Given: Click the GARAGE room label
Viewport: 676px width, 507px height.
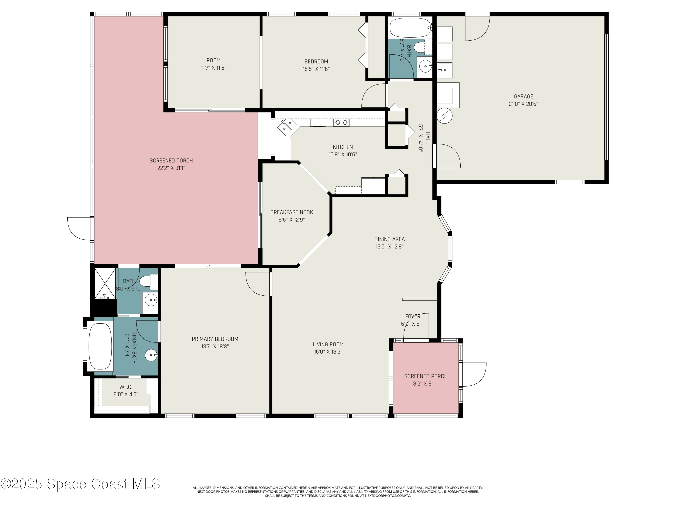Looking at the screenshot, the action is [523, 97].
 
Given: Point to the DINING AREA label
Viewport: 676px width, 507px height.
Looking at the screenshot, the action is [389, 239].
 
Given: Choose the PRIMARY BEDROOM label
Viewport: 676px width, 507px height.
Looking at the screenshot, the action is [215, 339].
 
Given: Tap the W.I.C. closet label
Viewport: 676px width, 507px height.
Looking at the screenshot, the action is [126, 387].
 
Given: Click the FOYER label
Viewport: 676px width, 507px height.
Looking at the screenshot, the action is [413, 316].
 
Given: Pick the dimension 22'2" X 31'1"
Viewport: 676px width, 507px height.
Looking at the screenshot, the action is [171, 168].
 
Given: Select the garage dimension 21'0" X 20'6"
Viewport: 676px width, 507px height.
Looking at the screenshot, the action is [523, 104].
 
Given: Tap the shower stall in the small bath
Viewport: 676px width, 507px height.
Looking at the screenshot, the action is [105, 284].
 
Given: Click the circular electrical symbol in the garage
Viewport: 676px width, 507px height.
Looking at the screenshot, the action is [444, 116].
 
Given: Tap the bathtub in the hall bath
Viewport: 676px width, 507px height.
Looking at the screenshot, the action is [410, 28].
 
